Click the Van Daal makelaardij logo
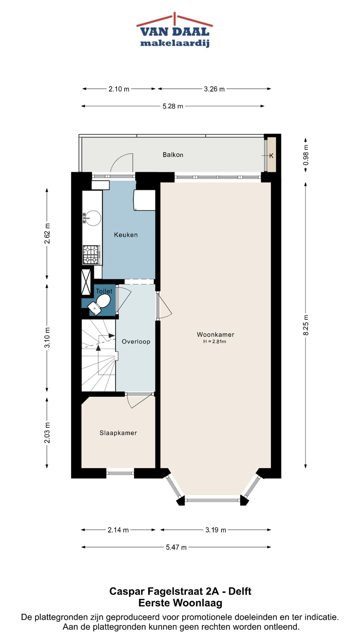pos(175,31)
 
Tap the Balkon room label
pos(173,155)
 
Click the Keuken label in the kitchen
pos(126,235)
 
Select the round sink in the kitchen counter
pos(93,218)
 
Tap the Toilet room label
pos(104,291)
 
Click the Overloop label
pos(136,341)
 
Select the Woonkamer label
pos(215,334)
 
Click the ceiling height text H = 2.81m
pos(215,342)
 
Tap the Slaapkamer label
pos(118,433)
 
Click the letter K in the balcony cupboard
pos(271,156)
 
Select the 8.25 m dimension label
pos(306,325)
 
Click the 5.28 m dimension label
pos(173,106)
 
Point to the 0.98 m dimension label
pos(306,155)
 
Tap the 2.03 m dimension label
pos(47,433)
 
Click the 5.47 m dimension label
pos(176,547)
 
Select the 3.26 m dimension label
pos(214,89)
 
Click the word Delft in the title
pos(240,591)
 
